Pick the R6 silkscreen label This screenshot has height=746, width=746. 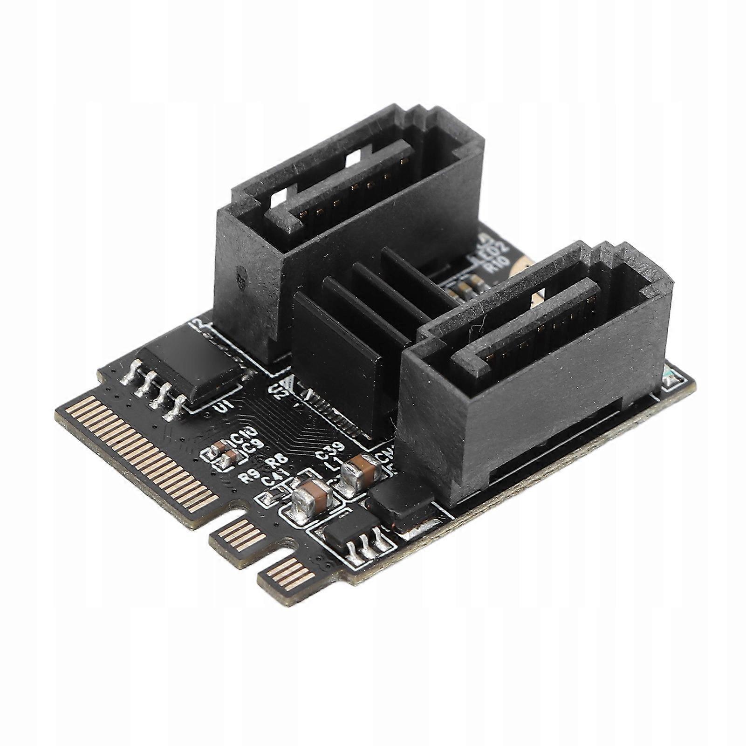pos(278,464)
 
